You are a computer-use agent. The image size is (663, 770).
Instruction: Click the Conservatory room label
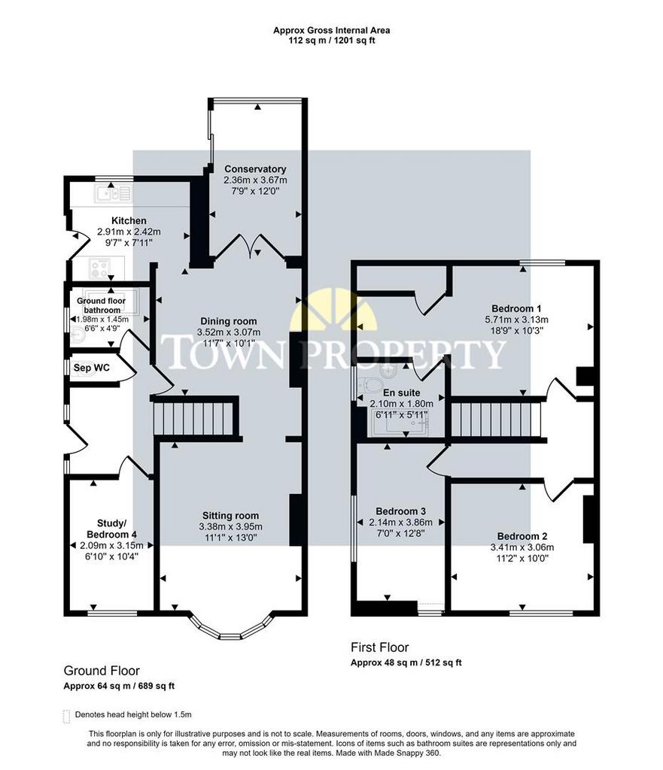click(255, 169)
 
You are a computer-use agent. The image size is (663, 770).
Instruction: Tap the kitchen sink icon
click(114, 194)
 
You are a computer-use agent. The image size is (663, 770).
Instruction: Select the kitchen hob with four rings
click(100, 268)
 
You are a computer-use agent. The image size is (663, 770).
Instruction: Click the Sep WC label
click(91, 367)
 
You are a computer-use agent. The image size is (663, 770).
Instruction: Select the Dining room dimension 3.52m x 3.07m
click(229, 332)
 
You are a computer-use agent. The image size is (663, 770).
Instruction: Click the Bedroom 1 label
click(516, 308)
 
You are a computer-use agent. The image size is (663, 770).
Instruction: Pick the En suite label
click(402, 393)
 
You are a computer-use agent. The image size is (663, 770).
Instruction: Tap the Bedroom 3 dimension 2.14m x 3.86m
click(400, 522)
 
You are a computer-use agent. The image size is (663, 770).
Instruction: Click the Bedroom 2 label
click(522, 536)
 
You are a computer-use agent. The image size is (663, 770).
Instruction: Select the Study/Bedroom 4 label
click(111, 529)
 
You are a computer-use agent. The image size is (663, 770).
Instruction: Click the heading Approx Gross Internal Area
click(332, 30)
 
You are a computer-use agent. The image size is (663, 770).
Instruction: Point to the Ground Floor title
click(102, 671)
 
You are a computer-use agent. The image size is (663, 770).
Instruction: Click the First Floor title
click(379, 647)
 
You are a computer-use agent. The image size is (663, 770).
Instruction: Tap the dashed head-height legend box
click(67, 717)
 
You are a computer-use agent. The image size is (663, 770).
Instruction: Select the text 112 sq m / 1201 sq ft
click(332, 41)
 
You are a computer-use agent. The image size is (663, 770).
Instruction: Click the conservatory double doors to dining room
click(250, 247)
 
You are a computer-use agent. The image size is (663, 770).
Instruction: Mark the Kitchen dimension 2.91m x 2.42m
click(129, 232)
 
